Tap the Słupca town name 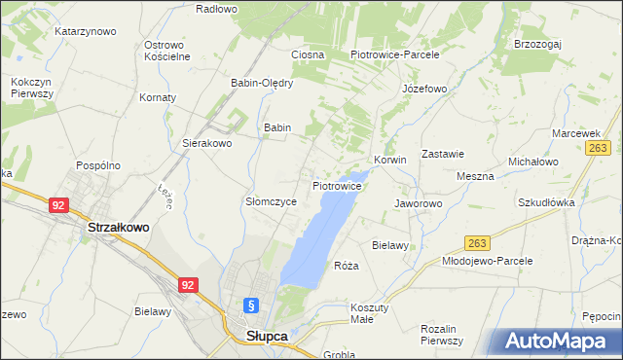coord(260,337)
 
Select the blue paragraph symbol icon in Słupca coord(251,305)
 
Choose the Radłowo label coord(216,9)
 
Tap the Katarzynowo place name coord(85,31)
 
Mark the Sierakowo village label coord(207,143)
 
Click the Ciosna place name coord(307,54)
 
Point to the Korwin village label coord(389,160)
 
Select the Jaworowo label coord(419,203)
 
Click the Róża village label coord(347,266)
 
